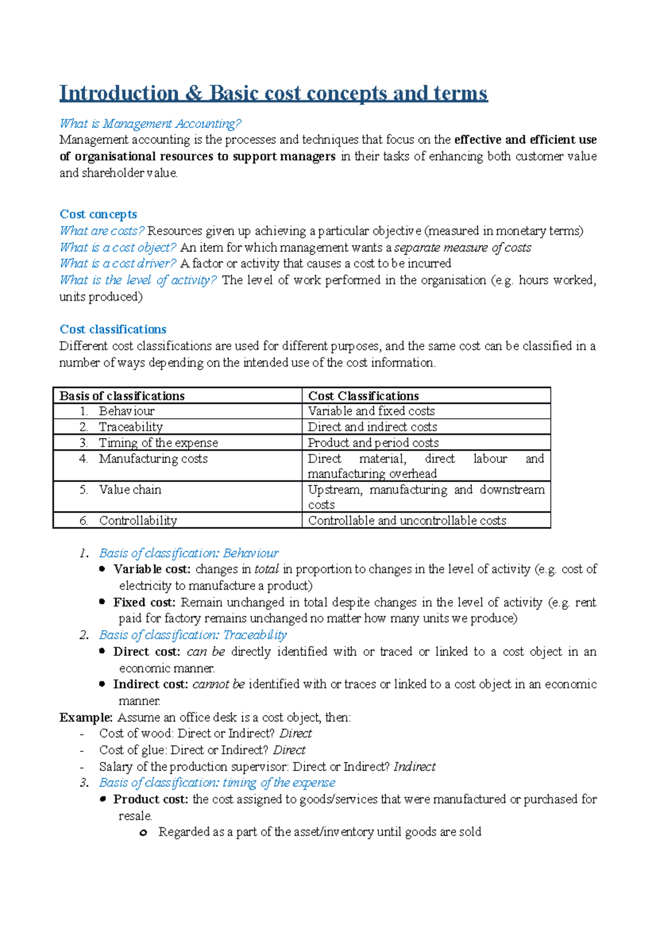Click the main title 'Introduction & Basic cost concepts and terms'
click(273, 93)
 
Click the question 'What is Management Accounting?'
click(150, 124)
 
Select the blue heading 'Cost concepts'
click(98, 214)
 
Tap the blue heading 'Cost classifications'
click(113, 330)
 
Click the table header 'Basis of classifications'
click(122, 396)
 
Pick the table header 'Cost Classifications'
click(364, 396)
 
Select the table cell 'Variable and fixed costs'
click(371, 411)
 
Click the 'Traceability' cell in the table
click(131, 427)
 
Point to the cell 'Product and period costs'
click(373, 443)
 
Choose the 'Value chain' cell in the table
click(130, 490)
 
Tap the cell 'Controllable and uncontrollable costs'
click(407, 521)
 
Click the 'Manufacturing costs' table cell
click(153, 459)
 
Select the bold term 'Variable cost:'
click(152, 569)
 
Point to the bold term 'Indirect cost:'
click(150, 685)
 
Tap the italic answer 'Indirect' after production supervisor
click(414, 767)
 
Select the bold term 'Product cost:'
click(150, 800)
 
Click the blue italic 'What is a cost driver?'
click(118, 263)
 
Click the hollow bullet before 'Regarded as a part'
click(143, 833)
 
